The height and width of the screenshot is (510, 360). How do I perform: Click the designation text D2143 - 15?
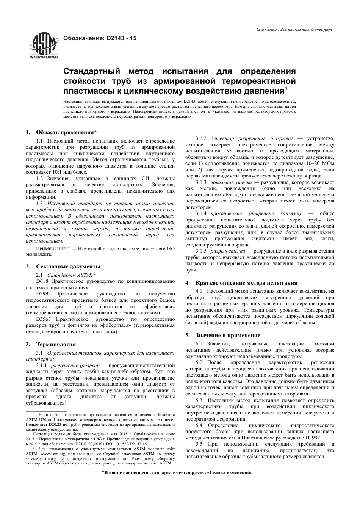[x=99, y=38]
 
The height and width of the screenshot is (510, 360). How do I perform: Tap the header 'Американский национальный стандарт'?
[x=294, y=30]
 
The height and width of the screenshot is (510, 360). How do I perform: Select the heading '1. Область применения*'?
[x=61, y=132]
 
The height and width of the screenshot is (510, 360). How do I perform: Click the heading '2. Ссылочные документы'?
[x=63, y=267]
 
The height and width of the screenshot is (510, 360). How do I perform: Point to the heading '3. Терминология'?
[x=51, y=344]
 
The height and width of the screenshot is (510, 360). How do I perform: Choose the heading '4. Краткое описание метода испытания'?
[x=246, y=283]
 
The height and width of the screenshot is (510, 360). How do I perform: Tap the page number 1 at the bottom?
[x=180, y=479]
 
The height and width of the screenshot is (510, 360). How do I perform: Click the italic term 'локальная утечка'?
[x=228, y=182]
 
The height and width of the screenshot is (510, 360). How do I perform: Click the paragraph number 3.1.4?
[x=201, y=213]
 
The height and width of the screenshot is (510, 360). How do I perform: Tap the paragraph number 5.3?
[x=199, y=400]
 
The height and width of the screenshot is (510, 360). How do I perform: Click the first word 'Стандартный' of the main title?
[x=91, y=72]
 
